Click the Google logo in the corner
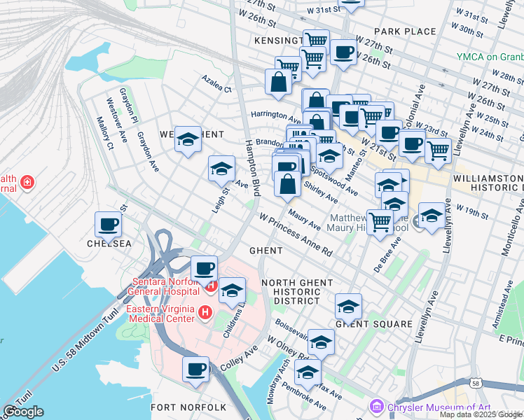point(23,412)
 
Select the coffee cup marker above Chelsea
point(109,225)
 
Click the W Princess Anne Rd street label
point(296,235)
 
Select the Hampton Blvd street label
point(251,168)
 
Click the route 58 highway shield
point(476,384)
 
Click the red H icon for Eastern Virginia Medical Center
point(205,311)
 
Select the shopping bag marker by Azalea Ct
point(279,81)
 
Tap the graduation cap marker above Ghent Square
point(348,305)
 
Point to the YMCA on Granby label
point(490,57)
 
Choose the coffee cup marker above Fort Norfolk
point(196,369)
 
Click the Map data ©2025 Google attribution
point(481,414)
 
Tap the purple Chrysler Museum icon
point(377,406)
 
